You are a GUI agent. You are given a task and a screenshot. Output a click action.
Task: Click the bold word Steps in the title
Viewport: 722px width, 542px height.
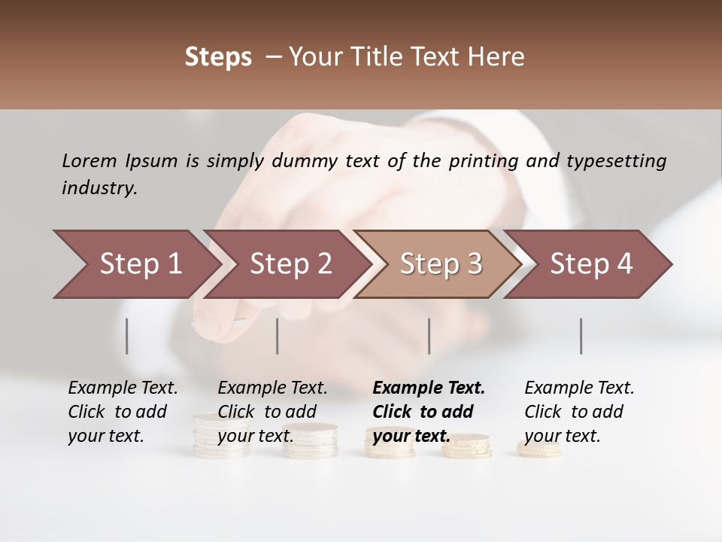[218, 57]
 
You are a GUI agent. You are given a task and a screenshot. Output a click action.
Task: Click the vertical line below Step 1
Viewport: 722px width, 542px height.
[127, 336]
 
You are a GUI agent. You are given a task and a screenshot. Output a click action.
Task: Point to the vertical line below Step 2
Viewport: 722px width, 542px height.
[278, 336]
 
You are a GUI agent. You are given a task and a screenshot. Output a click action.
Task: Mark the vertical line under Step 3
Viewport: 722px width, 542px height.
[429, 336]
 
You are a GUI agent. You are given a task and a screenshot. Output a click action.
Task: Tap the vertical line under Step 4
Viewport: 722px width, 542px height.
[581, 336]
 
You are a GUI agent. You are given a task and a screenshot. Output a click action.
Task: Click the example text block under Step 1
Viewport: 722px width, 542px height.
[123, 412]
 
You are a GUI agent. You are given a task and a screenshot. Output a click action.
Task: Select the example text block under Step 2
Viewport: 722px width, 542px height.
[272, 412]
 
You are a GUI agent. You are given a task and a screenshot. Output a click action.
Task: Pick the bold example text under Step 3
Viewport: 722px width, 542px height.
[429, 412]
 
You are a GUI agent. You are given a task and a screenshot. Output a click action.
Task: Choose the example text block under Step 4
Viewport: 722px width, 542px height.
[579, 412]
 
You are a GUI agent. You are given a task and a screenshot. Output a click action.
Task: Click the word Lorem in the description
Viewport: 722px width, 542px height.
[89, 160]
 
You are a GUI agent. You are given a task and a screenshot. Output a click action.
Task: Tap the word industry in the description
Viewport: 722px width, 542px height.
[99, 188]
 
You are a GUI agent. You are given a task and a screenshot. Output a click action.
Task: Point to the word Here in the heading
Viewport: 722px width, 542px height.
[498, 57]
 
